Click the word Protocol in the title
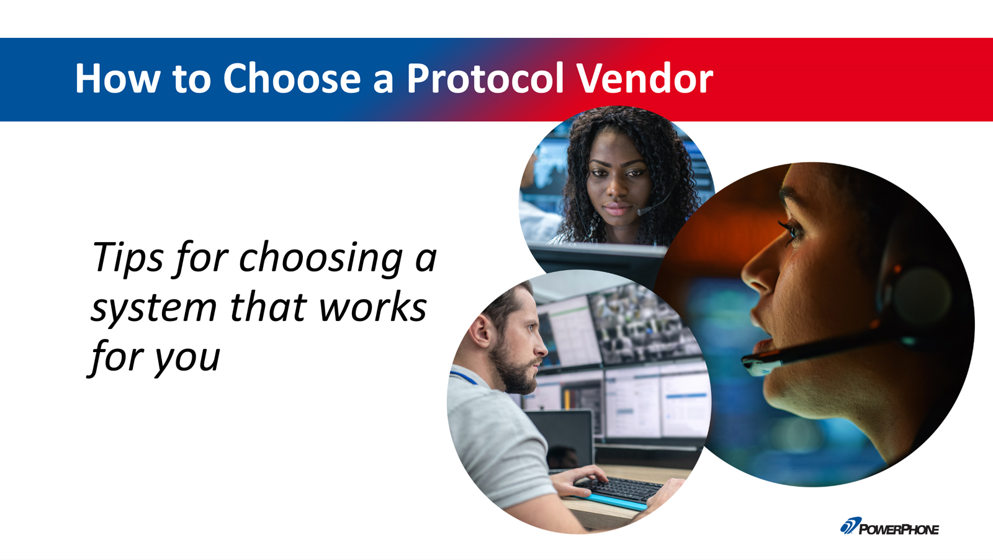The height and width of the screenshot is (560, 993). [x=485, y=78]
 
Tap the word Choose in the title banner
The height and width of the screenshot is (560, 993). [x=292, y=78]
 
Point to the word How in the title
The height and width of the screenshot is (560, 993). [x=117, y=78]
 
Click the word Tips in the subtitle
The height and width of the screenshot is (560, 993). [x=128, y=259]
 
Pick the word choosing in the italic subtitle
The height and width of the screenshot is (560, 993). [x=321, y=260]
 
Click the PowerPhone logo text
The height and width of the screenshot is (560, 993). [x=899, y=530]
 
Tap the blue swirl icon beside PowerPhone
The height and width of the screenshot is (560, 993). [x=850, y=526]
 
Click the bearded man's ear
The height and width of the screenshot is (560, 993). [x=480, y=330]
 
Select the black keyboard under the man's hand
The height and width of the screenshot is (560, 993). [x=618, y=489]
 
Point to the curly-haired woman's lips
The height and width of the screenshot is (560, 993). [x=616, y=209]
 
